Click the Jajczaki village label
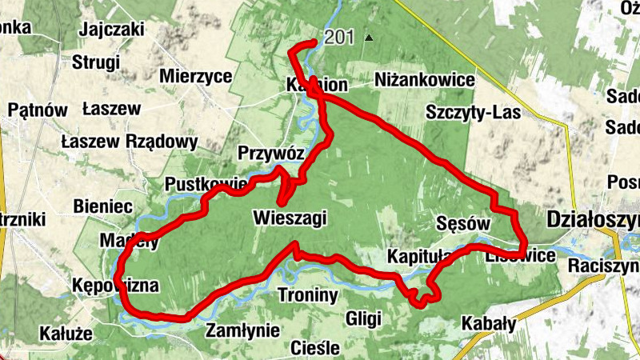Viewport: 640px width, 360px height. pyautogui.click(x=111, y=30)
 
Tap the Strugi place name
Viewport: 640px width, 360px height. pyautogui.click(x=95, y=62)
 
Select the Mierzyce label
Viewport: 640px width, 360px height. pyautogui.click(x=195, y=76)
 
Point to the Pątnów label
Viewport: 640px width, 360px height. pyautogui.click(x=38, y=110)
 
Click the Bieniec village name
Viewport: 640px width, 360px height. pyautogui.click(x=102, y=206)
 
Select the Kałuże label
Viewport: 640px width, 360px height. pyautogui.click(x=66, y=332)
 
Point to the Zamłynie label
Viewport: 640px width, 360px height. pyautogui.click(x=242, y=330)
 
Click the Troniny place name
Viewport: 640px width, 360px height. pyautogui.click(x=308, y=295)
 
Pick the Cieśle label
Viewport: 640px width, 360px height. pyautogui.click(x=316, y=348)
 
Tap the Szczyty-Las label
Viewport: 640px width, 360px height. pyautogui.click(x=474, y=112)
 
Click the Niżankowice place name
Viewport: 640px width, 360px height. pyautogui.click(x=425, y=81)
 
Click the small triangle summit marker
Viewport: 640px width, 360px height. pyautogui.click(x=368, y=38)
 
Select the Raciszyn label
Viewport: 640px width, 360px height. pyautogui.click(x=604, y=266)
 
